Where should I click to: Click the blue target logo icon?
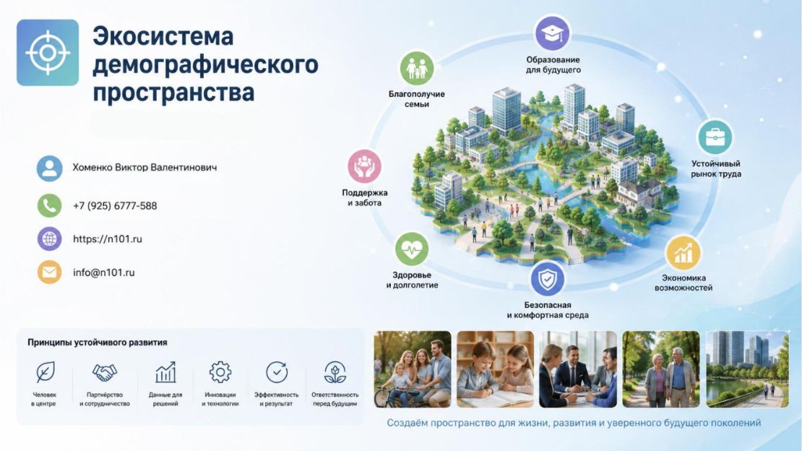[x=48, y=52]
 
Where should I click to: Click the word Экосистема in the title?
[x=163, y=36]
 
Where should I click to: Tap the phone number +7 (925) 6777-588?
[x=115, y=206]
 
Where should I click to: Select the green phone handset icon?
[x=50, y=205]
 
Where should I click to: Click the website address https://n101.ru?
[x=108, y=239]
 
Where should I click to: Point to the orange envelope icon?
[x=50, y=272]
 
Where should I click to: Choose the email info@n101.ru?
[x=104, y=272]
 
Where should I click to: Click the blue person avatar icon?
[x=50, y=168]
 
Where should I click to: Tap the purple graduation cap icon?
[x=553, y=34]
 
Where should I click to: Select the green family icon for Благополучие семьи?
[x=416, y=68]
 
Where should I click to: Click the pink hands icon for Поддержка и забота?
[x=364, y=166]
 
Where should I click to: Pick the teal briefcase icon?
[x=715, y=137]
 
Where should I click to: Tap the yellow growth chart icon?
[x=683, y=253]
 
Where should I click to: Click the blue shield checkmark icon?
[x=547, y=279]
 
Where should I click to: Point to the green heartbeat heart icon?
[x=412, y=249]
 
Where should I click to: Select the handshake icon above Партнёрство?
[x=104, y=372]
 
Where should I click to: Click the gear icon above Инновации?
[x=220, y=372]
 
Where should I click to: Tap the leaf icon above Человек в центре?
[x=45, y=372]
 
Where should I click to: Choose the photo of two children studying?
[x=495, y=369]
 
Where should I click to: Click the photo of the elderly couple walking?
[x=661, y=369]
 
